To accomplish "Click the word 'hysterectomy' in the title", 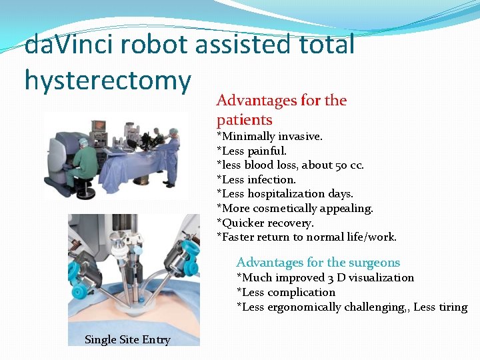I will tap(107, 81).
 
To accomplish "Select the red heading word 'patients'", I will tap(244, 120).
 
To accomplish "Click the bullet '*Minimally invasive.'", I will tap(269, 136).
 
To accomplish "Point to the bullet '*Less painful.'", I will tap(251, 151).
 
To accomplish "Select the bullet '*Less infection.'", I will tap(256, 179).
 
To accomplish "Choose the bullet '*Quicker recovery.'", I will tap(265, 223).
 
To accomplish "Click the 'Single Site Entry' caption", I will tap(127, 340).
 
